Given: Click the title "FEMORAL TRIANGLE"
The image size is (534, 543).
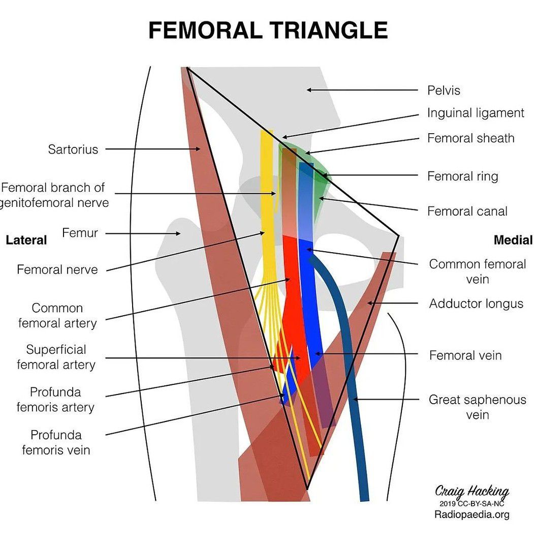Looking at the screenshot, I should [x=268, y=31].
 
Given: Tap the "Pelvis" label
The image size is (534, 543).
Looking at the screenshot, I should [x=444, y=90].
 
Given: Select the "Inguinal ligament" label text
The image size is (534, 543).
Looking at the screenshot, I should [x=475, y=113].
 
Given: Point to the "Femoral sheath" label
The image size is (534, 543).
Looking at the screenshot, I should [x=470, y=138].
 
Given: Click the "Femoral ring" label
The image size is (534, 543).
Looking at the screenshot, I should [x=462, y=176].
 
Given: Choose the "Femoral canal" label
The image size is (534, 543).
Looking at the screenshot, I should [x=467, y=211].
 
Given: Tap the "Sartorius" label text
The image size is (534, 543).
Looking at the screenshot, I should [x=73, y=149].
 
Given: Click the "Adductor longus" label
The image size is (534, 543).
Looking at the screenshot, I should [x=476, y=304].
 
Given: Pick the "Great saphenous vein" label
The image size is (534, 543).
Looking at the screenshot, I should [x=477, y=407].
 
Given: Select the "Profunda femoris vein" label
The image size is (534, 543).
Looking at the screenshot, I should [x=56, y=442].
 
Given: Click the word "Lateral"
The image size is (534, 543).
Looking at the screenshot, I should [x=26, y=240].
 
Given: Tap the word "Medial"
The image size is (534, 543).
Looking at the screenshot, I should [x=513, y=240].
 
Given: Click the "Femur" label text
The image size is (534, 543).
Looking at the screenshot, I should [x=80, y=233].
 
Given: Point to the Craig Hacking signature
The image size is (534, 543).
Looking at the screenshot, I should [x=472, y=491].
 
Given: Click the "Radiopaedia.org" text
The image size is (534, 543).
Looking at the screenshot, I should [x=472, y=515].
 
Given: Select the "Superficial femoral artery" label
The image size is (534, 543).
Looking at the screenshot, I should [x=56, y=357].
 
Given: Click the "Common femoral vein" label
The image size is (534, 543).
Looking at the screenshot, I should [x=477, y=271].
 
